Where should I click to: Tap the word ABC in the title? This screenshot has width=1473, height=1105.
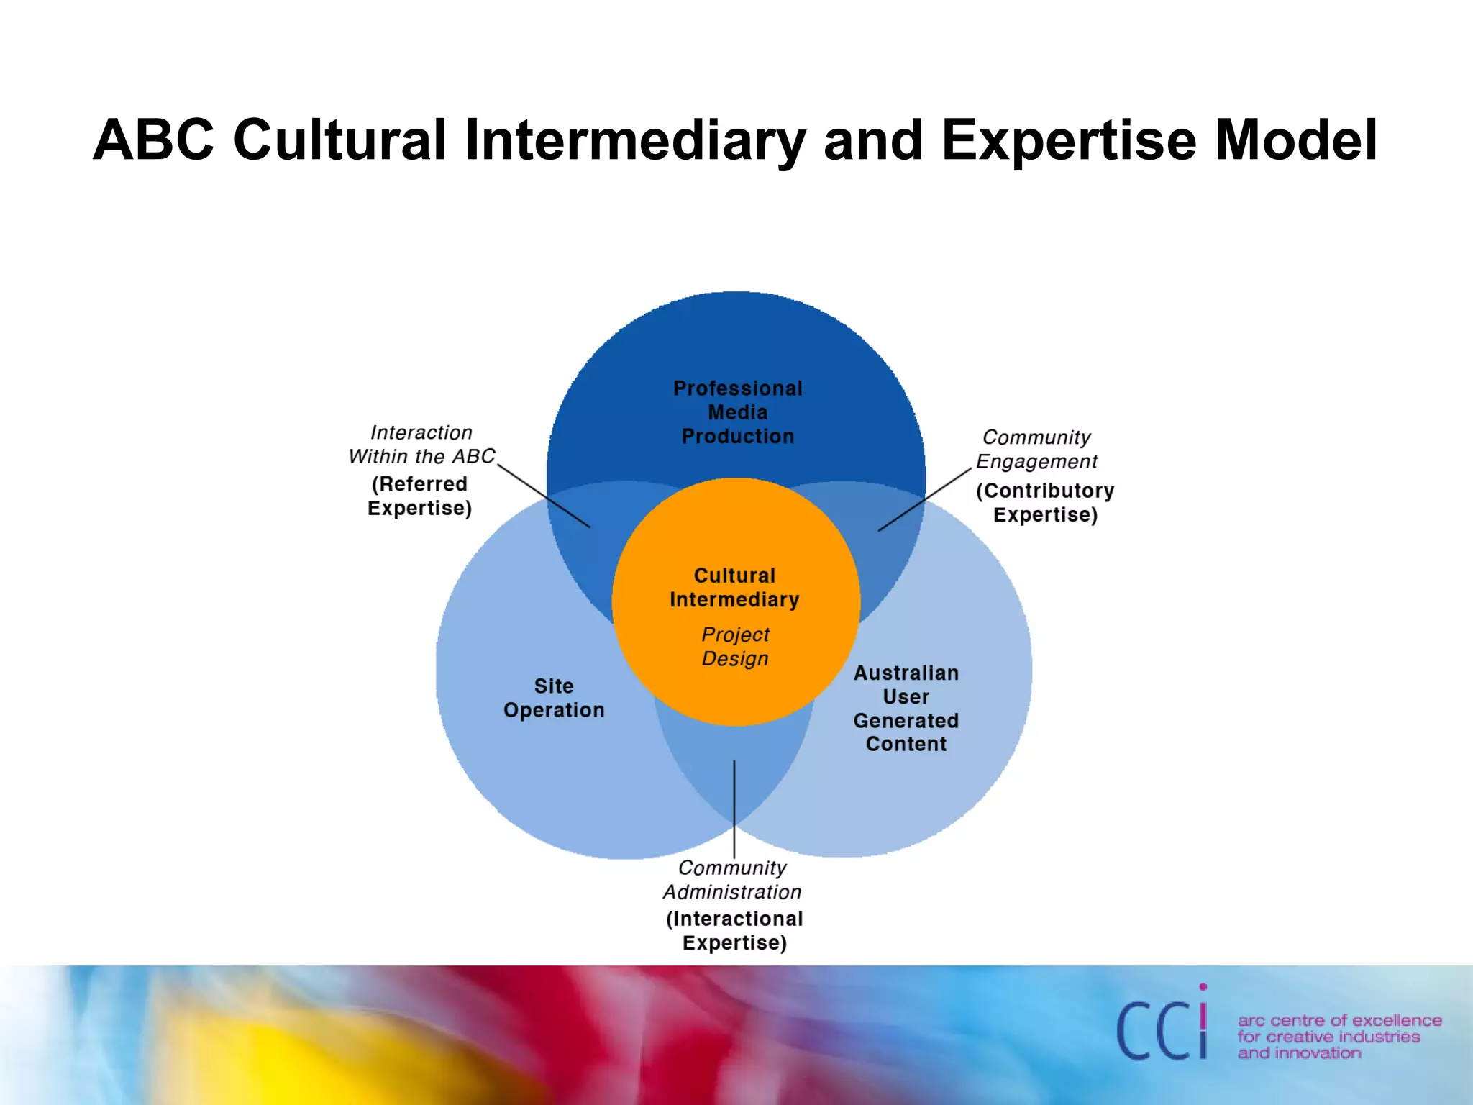[x=153, y=140]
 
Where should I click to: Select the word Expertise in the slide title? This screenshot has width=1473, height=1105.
[x=1069, y=140]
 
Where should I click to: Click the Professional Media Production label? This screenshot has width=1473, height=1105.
[x=738, y=412]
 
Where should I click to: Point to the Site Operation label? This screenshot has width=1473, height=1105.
[x=554, y=698]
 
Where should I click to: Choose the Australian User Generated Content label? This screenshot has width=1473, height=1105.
[x=906, y=709]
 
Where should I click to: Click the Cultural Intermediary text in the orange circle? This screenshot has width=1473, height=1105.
[x=734, y=587]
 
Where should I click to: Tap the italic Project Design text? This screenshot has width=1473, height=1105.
[x=735, y=646]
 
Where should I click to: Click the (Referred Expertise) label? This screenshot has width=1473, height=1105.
[x=420, y=496]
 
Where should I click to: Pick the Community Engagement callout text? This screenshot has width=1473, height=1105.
[x=1036, y=449]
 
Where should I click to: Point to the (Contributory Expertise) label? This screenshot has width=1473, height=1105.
[x=1045, y=502]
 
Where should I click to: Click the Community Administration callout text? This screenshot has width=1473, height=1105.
[x=732, y=880]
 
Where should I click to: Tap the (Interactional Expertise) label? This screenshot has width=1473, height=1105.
[x=734, y=930]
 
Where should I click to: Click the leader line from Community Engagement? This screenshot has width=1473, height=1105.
[x=925, y=500]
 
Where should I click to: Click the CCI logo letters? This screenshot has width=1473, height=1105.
[x=1161, y=1030]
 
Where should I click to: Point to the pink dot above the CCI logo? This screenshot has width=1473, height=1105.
[x=1203, y=987]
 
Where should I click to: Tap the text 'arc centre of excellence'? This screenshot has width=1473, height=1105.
[x=1339, y=1020]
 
